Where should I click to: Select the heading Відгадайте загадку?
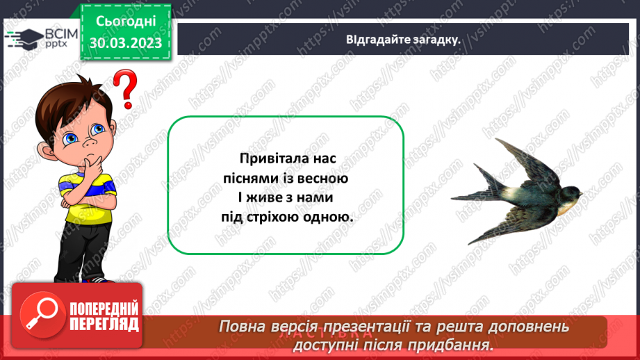click(404, 39)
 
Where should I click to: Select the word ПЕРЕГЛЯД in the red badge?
click(103, 324)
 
